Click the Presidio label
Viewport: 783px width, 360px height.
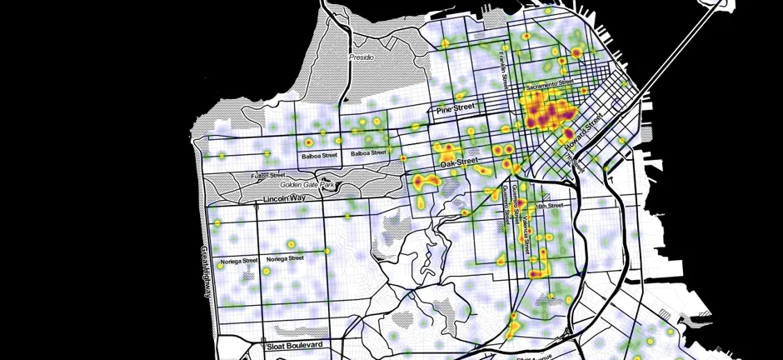[x=362, y=57]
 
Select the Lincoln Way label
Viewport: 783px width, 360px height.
[x=286, y=200]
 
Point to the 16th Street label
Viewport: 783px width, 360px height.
[x=551, y=205]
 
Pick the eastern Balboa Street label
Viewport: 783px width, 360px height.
[x=368, y=153]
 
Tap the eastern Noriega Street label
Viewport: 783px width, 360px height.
[x=285, y=258]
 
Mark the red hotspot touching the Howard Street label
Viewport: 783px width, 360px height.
[x=568, y=133]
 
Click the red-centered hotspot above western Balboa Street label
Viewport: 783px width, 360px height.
[x=322, y=131]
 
